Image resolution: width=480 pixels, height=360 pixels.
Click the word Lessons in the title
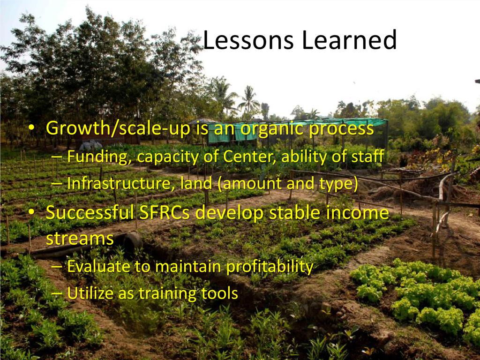coord(248,40)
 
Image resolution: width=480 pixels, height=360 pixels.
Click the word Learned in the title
coord(349,40)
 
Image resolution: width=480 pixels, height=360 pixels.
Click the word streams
coord(80,238)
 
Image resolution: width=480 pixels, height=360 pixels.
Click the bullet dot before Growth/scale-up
coord(31,128)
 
